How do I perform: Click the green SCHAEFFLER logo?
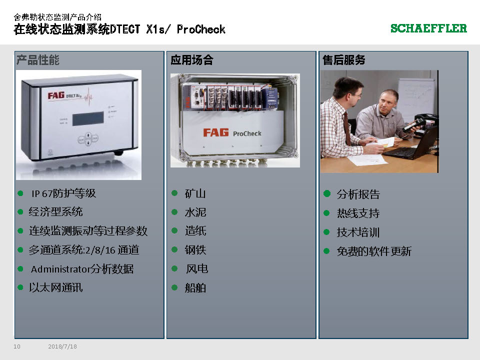428,28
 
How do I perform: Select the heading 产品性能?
38,60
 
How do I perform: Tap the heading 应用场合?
192,60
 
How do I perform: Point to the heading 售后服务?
344,60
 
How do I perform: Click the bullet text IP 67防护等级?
63,193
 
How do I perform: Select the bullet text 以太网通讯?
55,288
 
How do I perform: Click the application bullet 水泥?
195,212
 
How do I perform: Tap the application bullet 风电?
197,269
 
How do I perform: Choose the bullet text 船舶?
195,288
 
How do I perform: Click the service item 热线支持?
358,213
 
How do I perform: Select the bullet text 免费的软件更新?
374,251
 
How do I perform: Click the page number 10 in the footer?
17,346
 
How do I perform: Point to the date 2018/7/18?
62,346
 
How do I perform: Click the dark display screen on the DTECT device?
88,118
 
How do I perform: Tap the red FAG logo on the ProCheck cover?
216,132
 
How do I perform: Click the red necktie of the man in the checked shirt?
347,128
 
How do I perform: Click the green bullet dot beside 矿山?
174,193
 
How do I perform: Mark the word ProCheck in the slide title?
201,29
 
